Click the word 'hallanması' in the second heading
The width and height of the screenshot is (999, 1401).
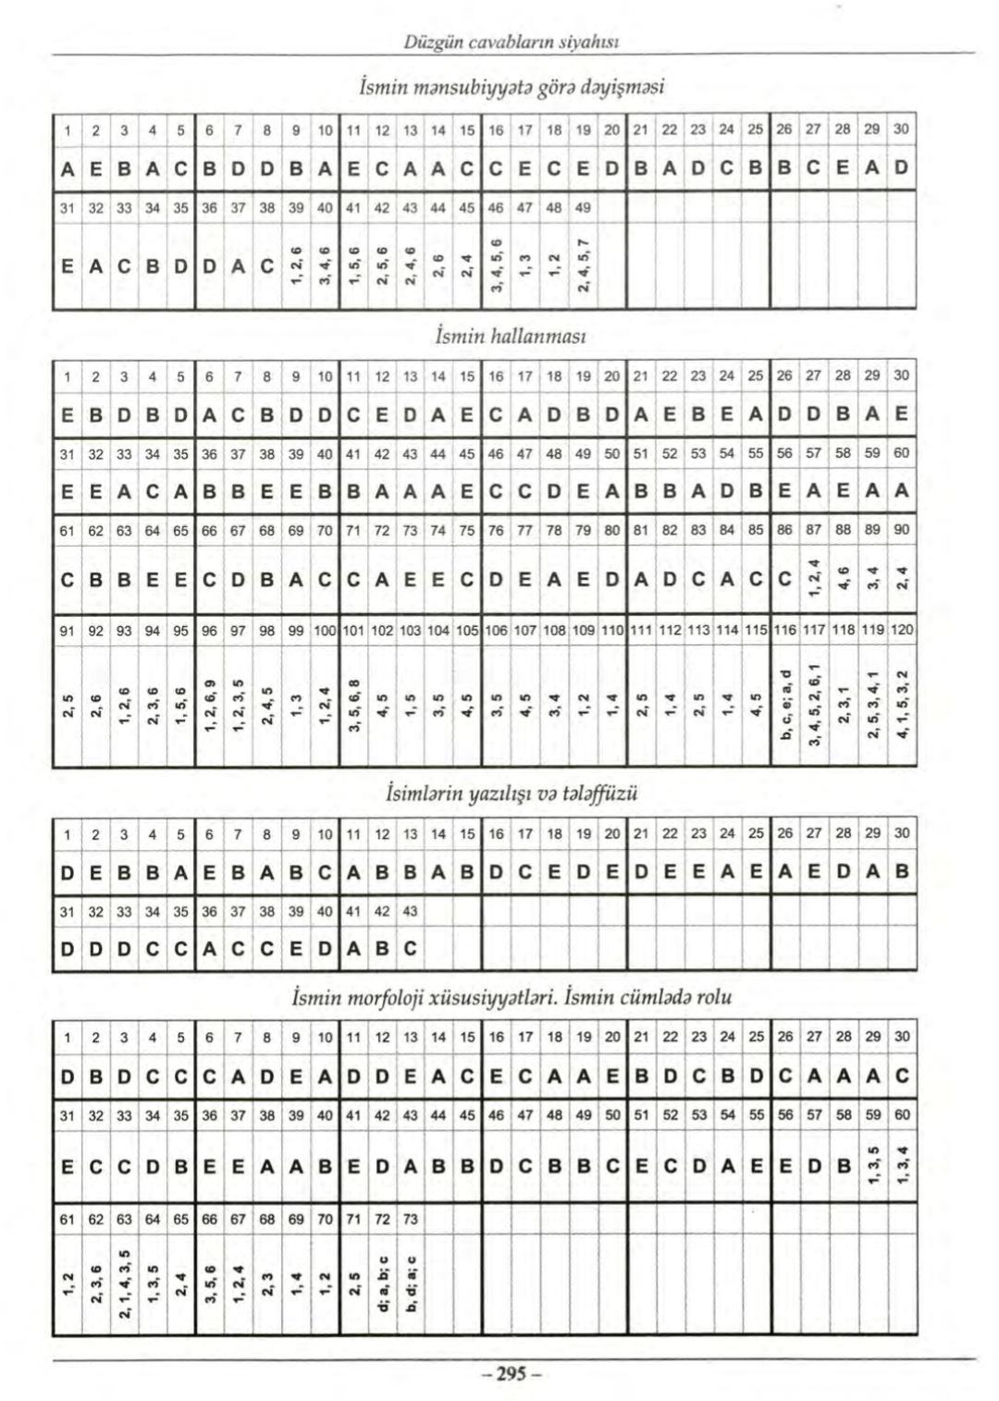coord(543,337)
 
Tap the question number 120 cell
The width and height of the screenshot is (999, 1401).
coord(902,630)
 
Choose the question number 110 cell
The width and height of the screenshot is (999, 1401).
coord(612,630)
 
